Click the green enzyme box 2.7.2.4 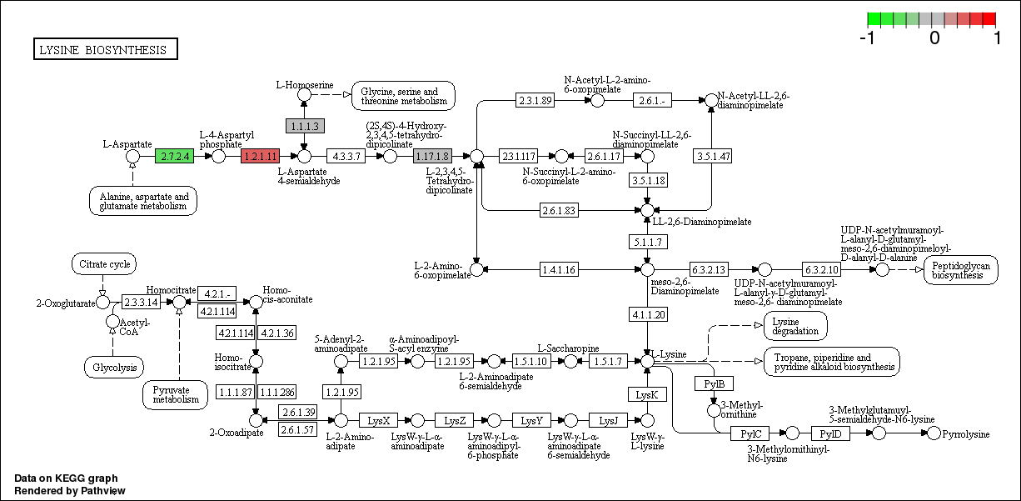[174, 156]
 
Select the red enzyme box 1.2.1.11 [260, 156]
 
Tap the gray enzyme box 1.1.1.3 [304, 126]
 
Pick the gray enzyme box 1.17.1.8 [431, 156]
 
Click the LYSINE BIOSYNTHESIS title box [105, 50]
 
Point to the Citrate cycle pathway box [104, 265]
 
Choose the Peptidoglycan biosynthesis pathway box [960, 270]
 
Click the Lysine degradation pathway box [795, 326]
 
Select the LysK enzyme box [647, 394]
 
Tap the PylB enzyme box [714, 383]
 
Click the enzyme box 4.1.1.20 [647, 314]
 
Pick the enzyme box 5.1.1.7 [647, 242]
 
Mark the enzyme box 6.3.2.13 [709, 269]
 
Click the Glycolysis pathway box [114, 367]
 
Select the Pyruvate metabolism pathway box [176, 394]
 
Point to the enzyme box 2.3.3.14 [141, 302]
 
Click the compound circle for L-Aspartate [132, 156]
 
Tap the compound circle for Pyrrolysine [934, 433]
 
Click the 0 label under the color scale [934, 38]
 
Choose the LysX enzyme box [378, 420]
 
